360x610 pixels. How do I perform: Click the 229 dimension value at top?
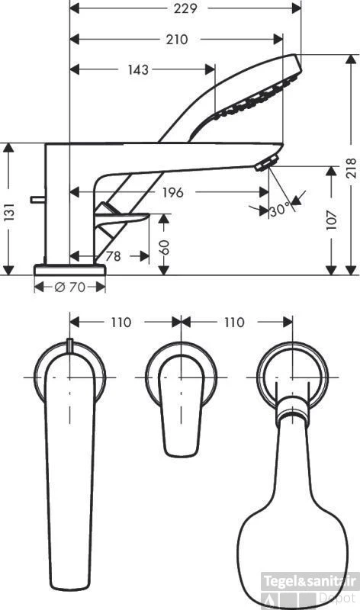pyautogui.click(x=184, y=8)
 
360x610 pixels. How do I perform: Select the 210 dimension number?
pyautogui.click(x=176, y=39)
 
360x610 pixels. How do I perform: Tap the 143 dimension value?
pyautogui.click(x=137, y=69)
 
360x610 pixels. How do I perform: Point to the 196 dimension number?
pyautogui.click(x=172, y=193)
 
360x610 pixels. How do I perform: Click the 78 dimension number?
pyautogui.click(x=112, y=257)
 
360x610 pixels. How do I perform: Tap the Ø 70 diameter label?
pyautogui.click(x=69, y=287)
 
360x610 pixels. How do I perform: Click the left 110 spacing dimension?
pyautogui.click(x=121, y=323)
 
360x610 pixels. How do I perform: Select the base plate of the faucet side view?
pyautogui.click(x=69, y=269)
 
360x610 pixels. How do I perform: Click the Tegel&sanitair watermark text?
pyautogui.click(x=310, y=581)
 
